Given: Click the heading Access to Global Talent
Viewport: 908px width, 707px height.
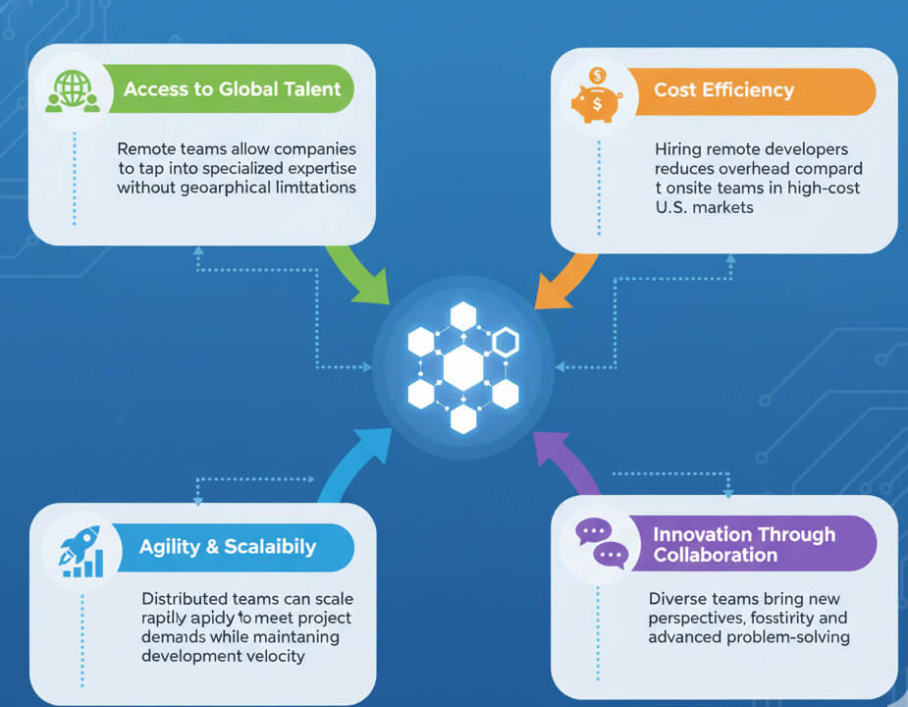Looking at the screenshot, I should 232,89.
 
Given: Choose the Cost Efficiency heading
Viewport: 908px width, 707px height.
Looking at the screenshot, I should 723,89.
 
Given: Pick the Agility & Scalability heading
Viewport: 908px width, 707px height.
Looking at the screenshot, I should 228,547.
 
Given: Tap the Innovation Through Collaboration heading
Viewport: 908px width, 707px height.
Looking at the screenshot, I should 743,544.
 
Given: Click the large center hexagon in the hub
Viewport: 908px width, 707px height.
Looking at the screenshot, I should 462,367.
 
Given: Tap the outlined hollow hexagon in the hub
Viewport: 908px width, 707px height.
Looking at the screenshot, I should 505,342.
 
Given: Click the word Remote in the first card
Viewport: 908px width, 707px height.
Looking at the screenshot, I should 146,149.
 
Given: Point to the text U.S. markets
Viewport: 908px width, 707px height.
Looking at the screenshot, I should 705,208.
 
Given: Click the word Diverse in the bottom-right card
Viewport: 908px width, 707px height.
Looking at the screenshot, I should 678,599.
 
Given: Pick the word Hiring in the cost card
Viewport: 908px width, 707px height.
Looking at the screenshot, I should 677,149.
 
